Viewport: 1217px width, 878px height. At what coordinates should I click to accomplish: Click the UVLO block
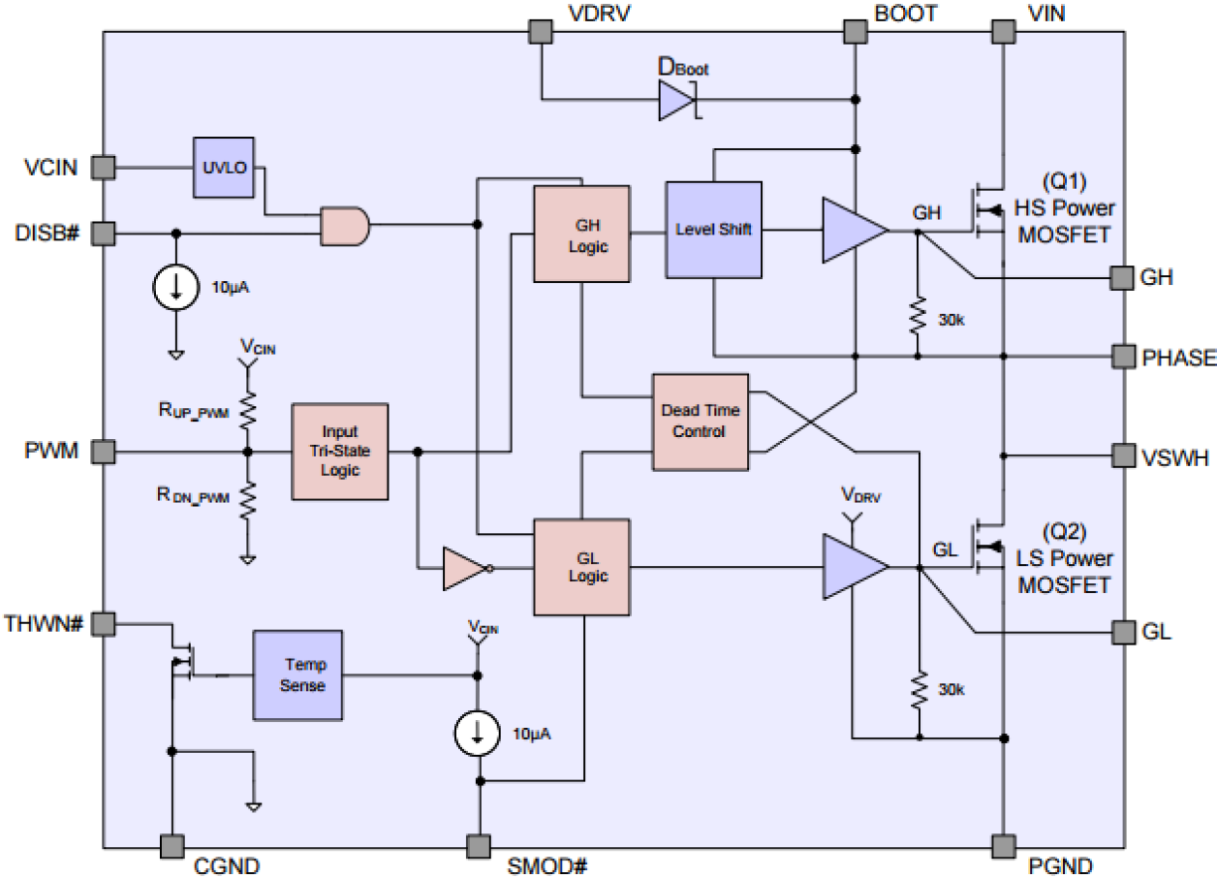click(x=223, y=168)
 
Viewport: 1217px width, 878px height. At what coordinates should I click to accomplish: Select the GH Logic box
click(x=581, y=234)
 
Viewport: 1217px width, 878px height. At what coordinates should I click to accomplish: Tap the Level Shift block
click(x=713, y=230)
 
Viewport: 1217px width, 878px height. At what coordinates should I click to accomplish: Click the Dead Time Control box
click(x=700, y=421)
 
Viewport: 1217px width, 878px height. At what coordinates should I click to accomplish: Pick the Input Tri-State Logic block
click(x=340, y=451)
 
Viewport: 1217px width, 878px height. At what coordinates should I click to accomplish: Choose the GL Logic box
click(x=581, y=566)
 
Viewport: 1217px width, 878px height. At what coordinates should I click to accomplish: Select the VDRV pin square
click(x=540, y=32)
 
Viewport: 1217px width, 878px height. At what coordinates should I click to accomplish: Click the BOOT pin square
click(x=855, y=32)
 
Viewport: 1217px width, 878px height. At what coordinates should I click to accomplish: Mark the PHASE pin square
click(x=1123, y=357)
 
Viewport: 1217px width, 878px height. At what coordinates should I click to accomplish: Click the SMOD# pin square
click(x=478, y=846)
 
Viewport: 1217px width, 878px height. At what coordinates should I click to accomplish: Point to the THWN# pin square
click(x=103, y=623)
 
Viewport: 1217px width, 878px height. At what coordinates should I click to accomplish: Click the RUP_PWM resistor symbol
click(x=248, y=410)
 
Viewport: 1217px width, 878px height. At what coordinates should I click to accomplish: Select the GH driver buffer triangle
click(x=853, y=231)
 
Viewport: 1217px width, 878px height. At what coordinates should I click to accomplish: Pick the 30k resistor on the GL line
click(x=916, y=689)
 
